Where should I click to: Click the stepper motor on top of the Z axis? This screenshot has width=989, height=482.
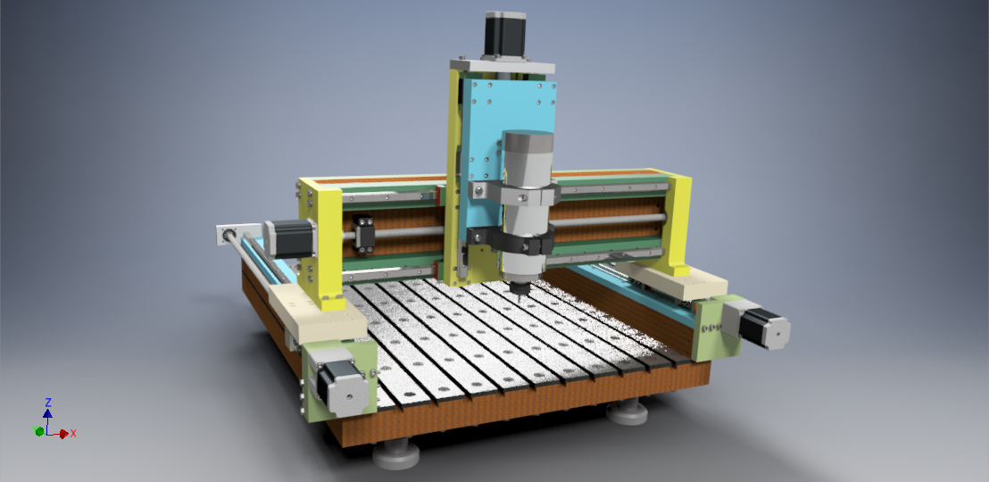point(504,35)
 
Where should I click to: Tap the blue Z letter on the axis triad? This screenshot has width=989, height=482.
point(48,403)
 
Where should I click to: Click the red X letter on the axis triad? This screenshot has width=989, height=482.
point(73,434)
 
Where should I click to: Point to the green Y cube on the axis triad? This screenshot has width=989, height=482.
point(39,431)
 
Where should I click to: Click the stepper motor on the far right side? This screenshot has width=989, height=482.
point(757,323)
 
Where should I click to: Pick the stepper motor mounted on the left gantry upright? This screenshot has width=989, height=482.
point(289,238)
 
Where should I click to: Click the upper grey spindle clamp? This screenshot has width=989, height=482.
point(514,193)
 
